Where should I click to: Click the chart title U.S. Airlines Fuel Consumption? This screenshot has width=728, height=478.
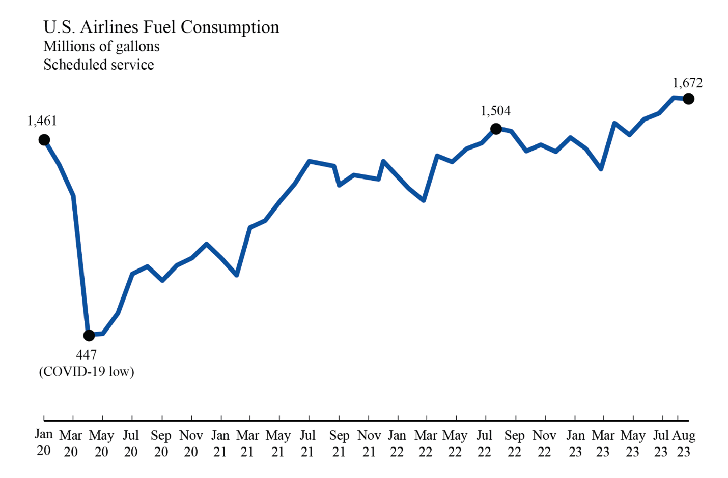tap(161, 27)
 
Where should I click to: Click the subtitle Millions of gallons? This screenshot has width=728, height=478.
tap(101, 46)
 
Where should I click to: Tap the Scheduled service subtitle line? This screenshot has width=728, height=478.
tap(98, 65)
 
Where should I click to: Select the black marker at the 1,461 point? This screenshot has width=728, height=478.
tap(44, 140)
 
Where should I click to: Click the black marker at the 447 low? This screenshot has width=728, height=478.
tap(89, 335)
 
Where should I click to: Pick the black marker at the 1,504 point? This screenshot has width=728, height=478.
tap(496, 129)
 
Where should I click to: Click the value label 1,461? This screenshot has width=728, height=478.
tap(42, 121)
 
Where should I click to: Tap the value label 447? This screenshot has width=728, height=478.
tap(87, 354)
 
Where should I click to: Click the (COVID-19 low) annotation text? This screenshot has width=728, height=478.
tap(87, 371)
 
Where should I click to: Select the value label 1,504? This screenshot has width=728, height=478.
tap(495, 111)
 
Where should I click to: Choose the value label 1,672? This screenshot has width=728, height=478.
tap(687, 83)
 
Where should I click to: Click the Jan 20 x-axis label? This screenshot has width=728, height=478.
tap(44, 443)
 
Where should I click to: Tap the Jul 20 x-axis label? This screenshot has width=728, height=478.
tap(131, 443)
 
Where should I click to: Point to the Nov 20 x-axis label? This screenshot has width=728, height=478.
tap(191, 443)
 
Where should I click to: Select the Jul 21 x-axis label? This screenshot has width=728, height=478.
tap(307, 443)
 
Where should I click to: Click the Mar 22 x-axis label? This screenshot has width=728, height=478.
tap(426, 443)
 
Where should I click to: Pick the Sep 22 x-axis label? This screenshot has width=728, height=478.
tap(514, 443)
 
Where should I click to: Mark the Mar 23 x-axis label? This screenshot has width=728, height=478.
tap(603, 443)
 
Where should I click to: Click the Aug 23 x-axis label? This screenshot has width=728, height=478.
tap(684, 443)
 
